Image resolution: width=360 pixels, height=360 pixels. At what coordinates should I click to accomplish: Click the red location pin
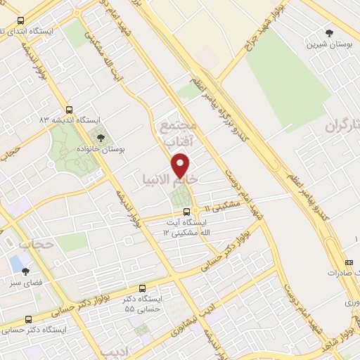click(182, 165)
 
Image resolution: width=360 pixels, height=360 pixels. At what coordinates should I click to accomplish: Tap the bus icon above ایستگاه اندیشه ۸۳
click(68, 110)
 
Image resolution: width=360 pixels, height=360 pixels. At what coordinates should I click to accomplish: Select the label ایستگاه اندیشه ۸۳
click(68, 120)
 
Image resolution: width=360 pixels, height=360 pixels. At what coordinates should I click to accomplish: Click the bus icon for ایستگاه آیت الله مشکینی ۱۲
click(186, 212)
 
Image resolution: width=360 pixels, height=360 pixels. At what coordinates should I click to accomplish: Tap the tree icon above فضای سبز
click(26, 271)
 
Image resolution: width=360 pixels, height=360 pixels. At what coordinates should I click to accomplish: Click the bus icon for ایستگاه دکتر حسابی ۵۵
click(143, 288)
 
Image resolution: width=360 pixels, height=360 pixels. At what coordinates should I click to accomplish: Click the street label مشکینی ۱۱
click(223, 205)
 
